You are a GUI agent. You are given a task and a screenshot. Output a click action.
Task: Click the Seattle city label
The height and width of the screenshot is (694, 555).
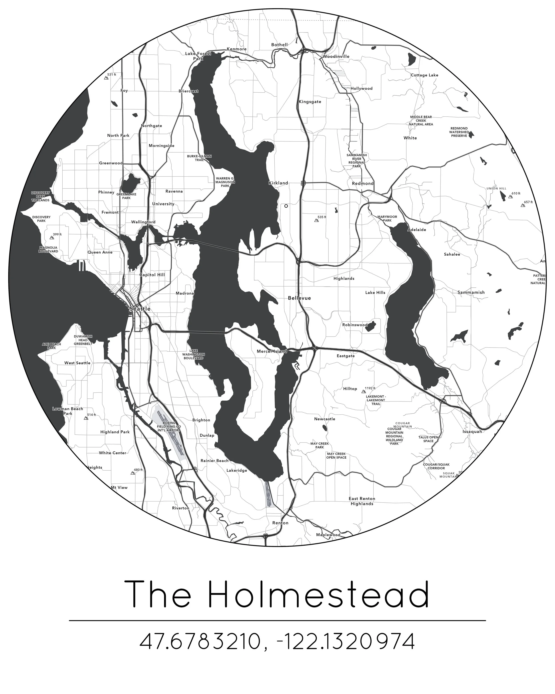click(x=140, y=309)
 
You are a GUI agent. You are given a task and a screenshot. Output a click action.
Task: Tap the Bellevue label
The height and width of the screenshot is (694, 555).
click(x=299, y=298)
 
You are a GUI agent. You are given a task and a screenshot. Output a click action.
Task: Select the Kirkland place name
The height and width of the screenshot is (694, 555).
click(x=278, y=183)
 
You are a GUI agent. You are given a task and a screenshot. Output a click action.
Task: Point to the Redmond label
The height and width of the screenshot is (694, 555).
click(x=363, y=183)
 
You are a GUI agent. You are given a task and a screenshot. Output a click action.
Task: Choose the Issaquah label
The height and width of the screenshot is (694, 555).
click(x=472, y=431)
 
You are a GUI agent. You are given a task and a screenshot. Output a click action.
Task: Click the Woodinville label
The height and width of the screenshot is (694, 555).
click(x=336, y=56)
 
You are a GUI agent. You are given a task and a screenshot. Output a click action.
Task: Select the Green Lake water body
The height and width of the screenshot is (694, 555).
click(x=129, y=183)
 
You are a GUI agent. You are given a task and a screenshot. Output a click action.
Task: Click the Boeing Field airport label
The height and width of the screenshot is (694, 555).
click(x=169, y=427)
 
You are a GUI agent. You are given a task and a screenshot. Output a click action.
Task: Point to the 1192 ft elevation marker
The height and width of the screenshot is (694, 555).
click(x=364, y=392)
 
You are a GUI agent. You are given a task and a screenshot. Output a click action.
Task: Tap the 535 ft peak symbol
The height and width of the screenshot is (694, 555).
click(x=316, y=221)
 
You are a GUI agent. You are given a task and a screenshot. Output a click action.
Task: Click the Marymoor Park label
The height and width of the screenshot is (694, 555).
click(x=387, y=219)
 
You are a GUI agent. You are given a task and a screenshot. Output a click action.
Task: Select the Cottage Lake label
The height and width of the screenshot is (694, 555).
click(x=424, y=75)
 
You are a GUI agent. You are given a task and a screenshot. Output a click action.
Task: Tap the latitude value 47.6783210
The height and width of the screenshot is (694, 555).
click(x=200, y=641)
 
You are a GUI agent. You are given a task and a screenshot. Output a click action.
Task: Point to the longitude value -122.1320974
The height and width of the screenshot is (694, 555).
click(x=346, y=641)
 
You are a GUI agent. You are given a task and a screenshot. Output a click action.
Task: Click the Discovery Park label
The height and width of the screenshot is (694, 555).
click(x=41, y=219)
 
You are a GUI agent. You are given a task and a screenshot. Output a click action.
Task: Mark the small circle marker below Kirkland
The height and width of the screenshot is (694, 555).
click(x=286, y=206)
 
